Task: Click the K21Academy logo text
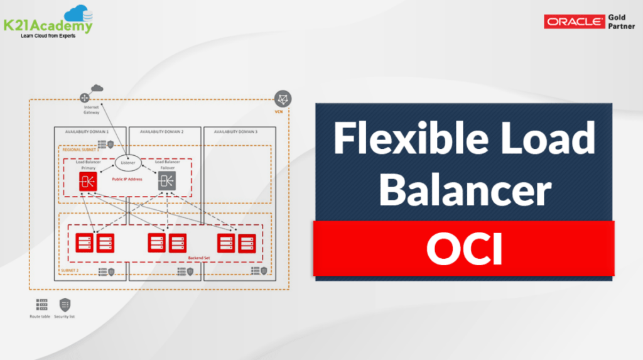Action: point(47,25)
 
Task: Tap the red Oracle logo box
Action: point(574,22)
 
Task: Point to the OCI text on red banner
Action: point(464,249)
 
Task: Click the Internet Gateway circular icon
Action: point(85,99)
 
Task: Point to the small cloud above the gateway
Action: point(96,88)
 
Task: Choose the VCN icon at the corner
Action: point(282,99)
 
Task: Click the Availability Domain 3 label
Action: point(235,132)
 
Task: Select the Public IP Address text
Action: point(126,179)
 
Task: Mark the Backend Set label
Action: point(198,258)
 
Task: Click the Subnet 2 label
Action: point(70,270)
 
